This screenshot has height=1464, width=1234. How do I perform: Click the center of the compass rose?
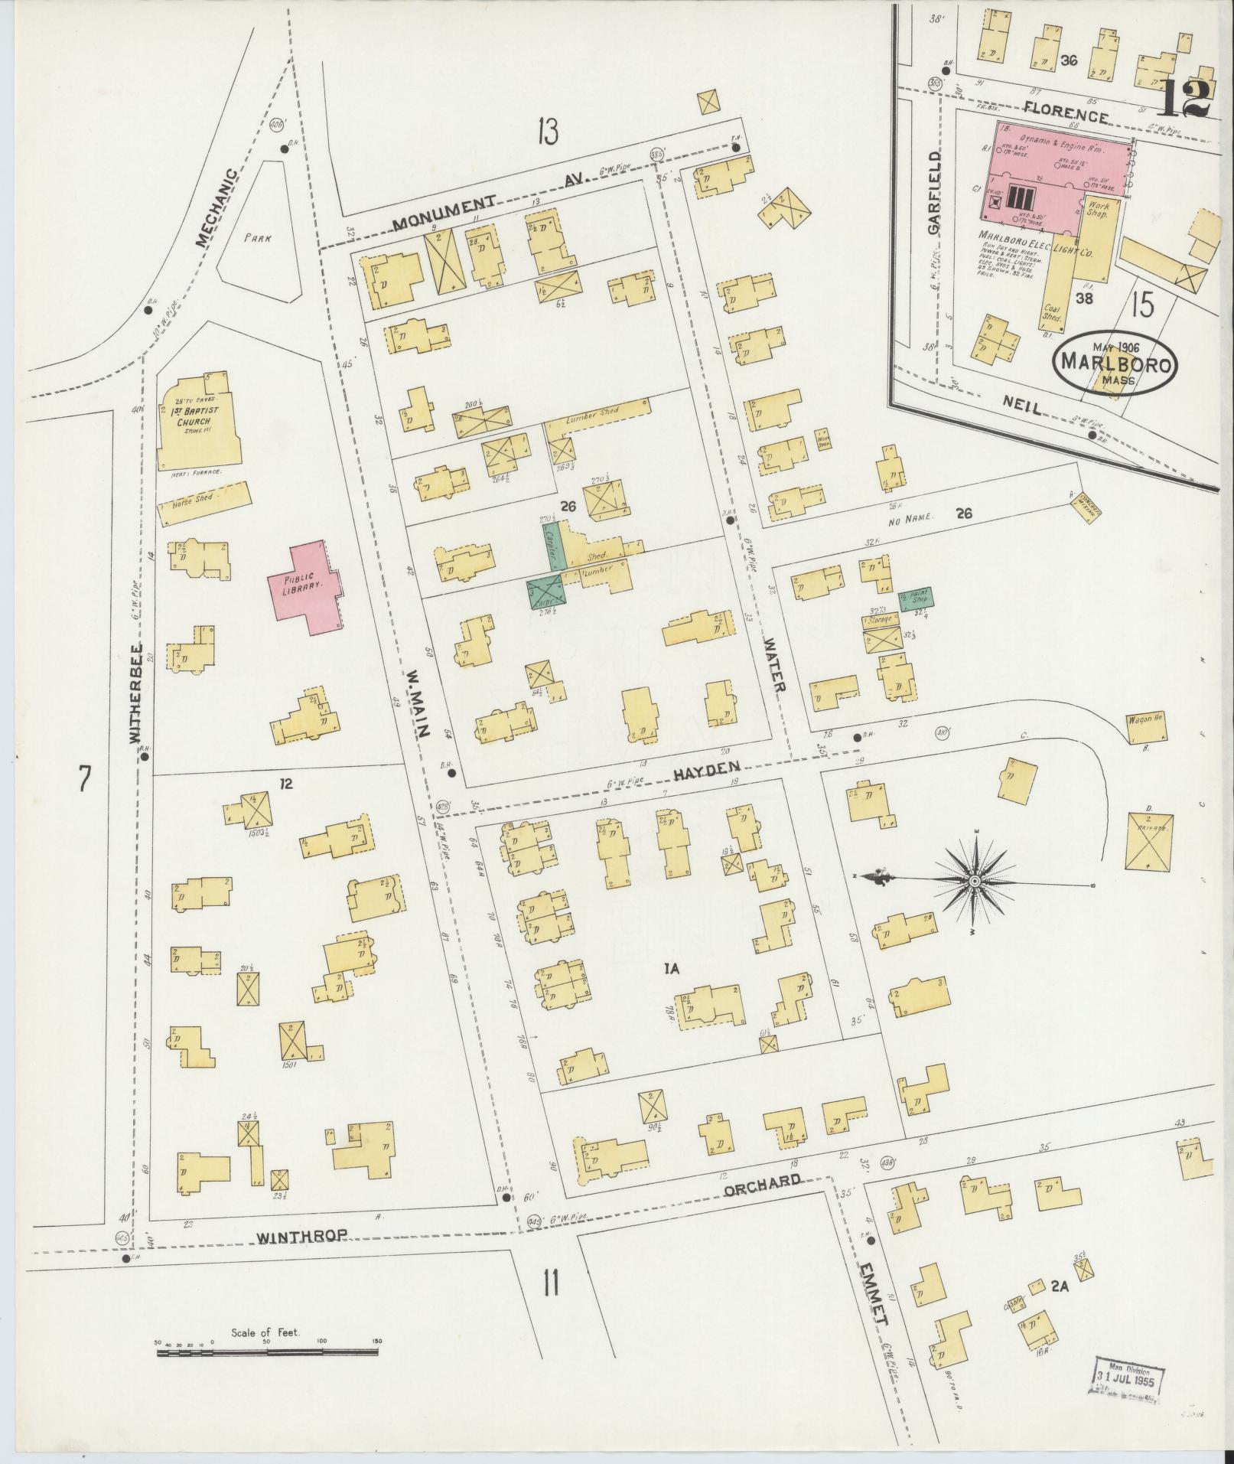pos(975,882)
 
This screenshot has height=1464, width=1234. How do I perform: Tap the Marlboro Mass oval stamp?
pos(1115,363)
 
